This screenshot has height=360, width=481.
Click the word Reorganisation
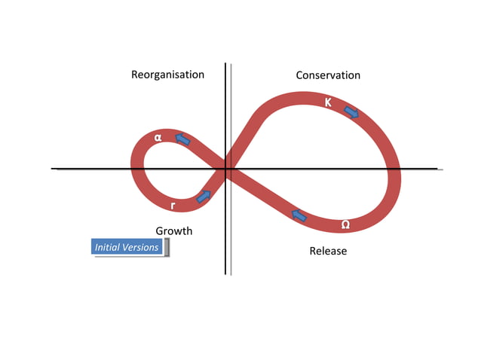167,75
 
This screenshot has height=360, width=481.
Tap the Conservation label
327,75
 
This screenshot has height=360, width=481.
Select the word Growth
173,230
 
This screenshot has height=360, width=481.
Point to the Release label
328,251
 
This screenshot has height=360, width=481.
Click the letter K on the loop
329,102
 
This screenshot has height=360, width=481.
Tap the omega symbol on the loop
345,224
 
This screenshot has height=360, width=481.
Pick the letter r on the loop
173,206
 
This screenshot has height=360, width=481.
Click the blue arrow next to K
351,111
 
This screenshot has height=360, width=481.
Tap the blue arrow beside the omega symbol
299,216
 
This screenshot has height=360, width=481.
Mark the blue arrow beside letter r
203,197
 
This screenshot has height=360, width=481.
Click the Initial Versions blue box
127,247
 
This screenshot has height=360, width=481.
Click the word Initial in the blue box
107,247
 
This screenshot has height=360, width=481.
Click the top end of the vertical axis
225,65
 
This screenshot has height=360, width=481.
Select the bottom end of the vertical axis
225,273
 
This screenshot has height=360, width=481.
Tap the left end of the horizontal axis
53,168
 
